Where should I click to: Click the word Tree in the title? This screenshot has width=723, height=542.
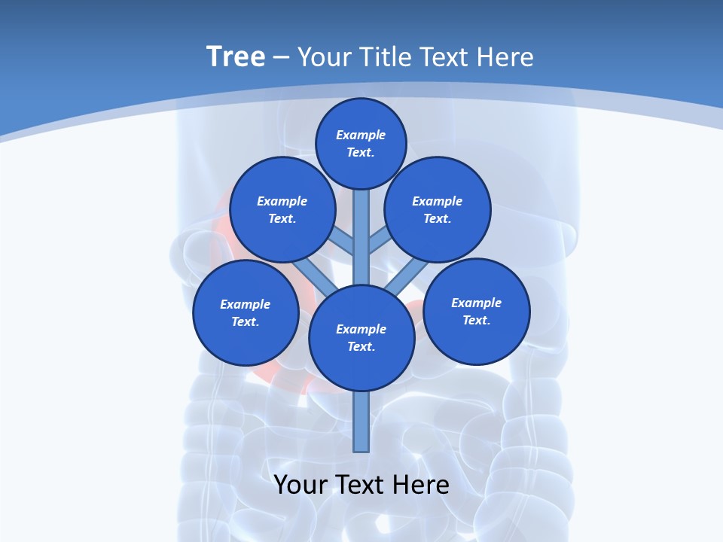coord(236,57)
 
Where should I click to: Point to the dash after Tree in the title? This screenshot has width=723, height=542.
coord(282,58)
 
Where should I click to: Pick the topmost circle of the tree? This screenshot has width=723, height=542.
coord(361,143)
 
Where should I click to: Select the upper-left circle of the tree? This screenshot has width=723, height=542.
coord(282,209)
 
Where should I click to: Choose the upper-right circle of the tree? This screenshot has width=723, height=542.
coord(438,209)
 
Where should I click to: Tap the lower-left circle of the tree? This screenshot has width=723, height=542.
coord(246,312)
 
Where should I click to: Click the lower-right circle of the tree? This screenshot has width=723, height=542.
coord(477,311)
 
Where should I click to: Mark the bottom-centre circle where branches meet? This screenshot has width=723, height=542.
coord(361,338)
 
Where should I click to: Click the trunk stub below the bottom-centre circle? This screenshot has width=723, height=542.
coord(361,422)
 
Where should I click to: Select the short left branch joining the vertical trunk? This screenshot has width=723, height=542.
coord(343,241)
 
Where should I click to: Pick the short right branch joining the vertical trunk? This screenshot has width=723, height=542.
coord(379,241)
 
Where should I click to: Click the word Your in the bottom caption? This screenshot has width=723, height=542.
coord(300,485)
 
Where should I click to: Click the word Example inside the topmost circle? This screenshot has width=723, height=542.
coord(361,135)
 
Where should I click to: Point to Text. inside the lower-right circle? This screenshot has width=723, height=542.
coord(476,320)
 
